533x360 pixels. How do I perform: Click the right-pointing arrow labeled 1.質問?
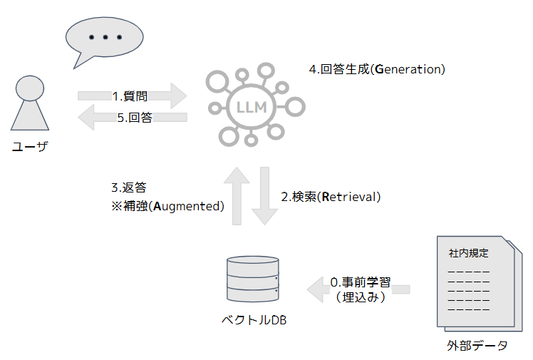(x=132, y=96)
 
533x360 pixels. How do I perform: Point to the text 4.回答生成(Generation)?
(x=377, y=69)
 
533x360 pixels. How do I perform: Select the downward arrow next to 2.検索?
(x=265, y=195)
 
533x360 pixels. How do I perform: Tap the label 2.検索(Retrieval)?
(x=331, y=197)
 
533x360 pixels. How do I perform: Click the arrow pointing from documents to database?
(x=359, y=289)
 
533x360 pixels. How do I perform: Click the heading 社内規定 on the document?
(x=468, y=253)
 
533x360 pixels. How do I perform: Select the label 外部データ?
(x=477, y=346)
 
